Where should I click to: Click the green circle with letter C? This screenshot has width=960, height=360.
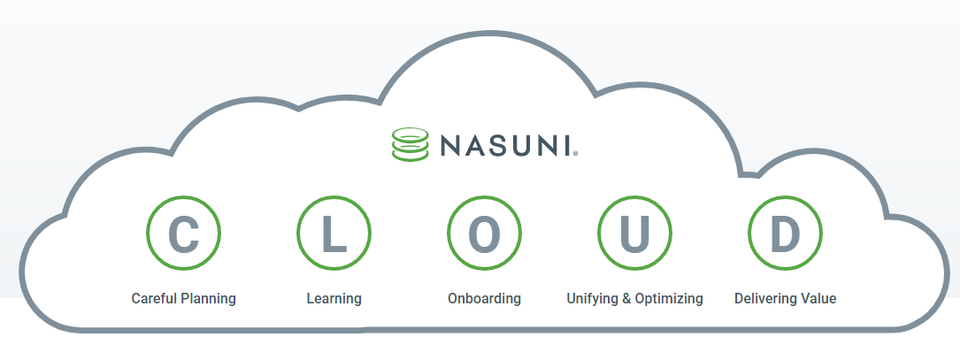pyautogui.click(x=184, y=234)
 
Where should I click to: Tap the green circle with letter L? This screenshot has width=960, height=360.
pyautogui.click(x=334, y=234)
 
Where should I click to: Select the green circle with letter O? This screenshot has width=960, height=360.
pyautogui.click(x=484, y=234)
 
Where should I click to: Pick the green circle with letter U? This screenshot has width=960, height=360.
pyautogui.click(x=634, y=234)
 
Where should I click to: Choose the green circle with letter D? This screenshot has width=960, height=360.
pyautogui.click(x=785, y=234)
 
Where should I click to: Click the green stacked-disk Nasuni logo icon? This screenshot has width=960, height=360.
pyautogui.click(x=410, y=144)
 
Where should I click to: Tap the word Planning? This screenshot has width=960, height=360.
pyautogui.click(x=208, y=299)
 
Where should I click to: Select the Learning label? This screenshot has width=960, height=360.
pyautogui.click(x=334, y=299)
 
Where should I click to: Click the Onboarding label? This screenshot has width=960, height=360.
pyautogui.click(x=484, y=299)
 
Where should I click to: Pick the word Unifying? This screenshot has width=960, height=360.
pyautogui.click(x=592, y=299)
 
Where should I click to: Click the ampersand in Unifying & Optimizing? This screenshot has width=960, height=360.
pyautogui.click(x=626, y=298)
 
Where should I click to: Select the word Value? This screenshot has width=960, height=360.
pyautogui.click(x=818, y=298)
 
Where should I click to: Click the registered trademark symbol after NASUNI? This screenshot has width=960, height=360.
pyautogui.click(x=576, y=153)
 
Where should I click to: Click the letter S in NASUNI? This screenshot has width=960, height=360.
pyautogui.click(x=496, y=144)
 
